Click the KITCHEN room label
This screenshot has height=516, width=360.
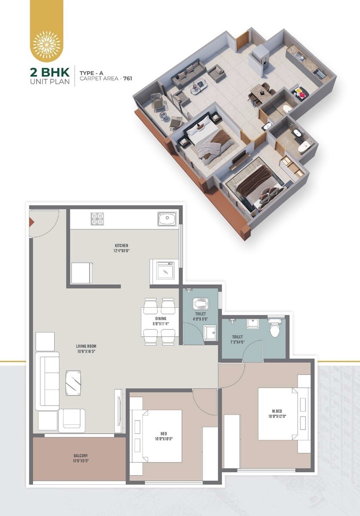pos(120,246)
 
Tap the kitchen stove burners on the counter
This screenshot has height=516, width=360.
pos(97,219)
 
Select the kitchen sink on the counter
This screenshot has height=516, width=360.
pos(166,219)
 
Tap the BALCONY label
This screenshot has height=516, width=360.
pos(80,455)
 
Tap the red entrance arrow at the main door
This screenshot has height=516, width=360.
pos(31,222)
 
